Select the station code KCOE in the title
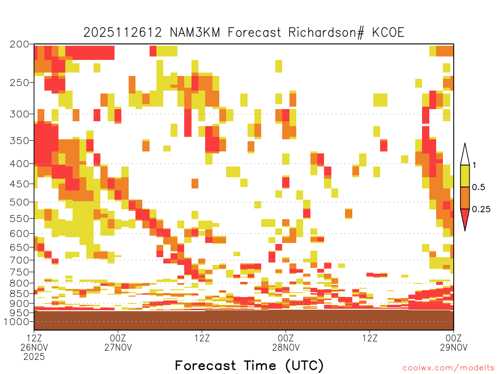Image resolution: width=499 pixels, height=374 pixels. (388, 33)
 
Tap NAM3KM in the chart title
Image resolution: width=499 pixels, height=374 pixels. (195, 33)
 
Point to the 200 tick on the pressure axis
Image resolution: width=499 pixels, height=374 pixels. (19, 44)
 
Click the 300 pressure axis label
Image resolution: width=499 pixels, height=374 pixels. (19, 114)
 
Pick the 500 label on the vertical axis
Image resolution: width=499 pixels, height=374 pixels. (19, 202)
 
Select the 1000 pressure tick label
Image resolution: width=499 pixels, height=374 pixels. (17, 321)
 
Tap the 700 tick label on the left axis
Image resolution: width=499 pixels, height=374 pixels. (19, 260)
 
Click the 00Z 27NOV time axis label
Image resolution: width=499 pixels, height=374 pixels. (118, 342)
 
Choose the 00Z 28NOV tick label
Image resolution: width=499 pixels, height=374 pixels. (286, 342)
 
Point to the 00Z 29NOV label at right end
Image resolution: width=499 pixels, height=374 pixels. (454, 342)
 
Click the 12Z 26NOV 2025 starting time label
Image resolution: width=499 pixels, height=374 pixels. (34, 347)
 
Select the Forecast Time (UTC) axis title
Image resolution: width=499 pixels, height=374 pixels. (249, 366)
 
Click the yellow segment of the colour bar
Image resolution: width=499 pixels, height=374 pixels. (465, 176)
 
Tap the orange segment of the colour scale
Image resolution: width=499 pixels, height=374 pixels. (465, 198)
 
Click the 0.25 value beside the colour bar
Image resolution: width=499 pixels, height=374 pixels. (481, 209)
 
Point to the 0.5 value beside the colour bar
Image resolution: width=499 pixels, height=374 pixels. (479, 187)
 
